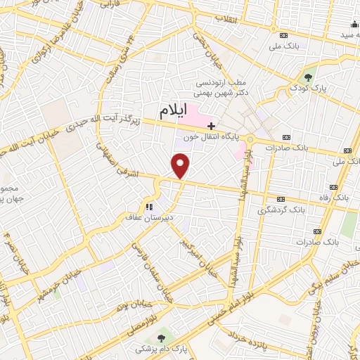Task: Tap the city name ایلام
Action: [171, 110]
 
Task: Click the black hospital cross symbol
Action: [211, 125]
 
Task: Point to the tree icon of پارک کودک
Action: [307, 77]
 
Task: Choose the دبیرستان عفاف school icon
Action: [148, 206]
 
